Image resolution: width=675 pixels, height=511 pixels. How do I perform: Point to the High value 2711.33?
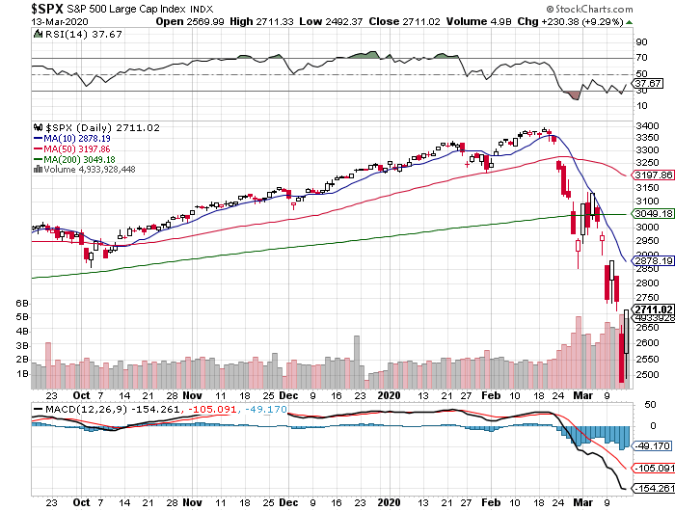click(285, 21)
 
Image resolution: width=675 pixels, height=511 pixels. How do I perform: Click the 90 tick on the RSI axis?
click(639, 43)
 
